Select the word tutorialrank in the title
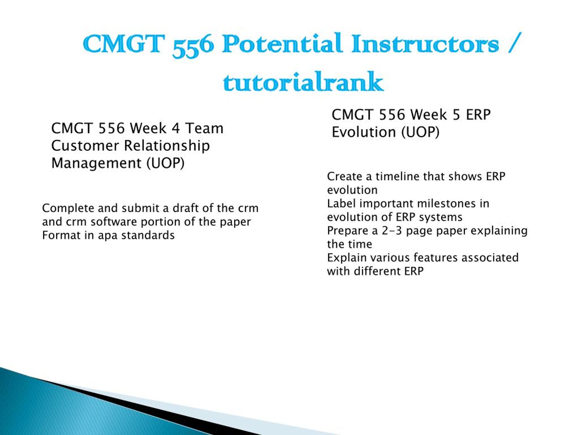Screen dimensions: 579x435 (303, 82)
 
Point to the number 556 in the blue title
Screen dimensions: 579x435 (193, 46)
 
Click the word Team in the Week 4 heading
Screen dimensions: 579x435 (204, 128)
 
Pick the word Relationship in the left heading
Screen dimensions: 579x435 (167, 146)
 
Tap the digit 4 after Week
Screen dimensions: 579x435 (176, 128)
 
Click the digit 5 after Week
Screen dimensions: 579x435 (456, 115)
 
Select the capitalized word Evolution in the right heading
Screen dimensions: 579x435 (364, 132)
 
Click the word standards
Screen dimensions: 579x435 (148, 235)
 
